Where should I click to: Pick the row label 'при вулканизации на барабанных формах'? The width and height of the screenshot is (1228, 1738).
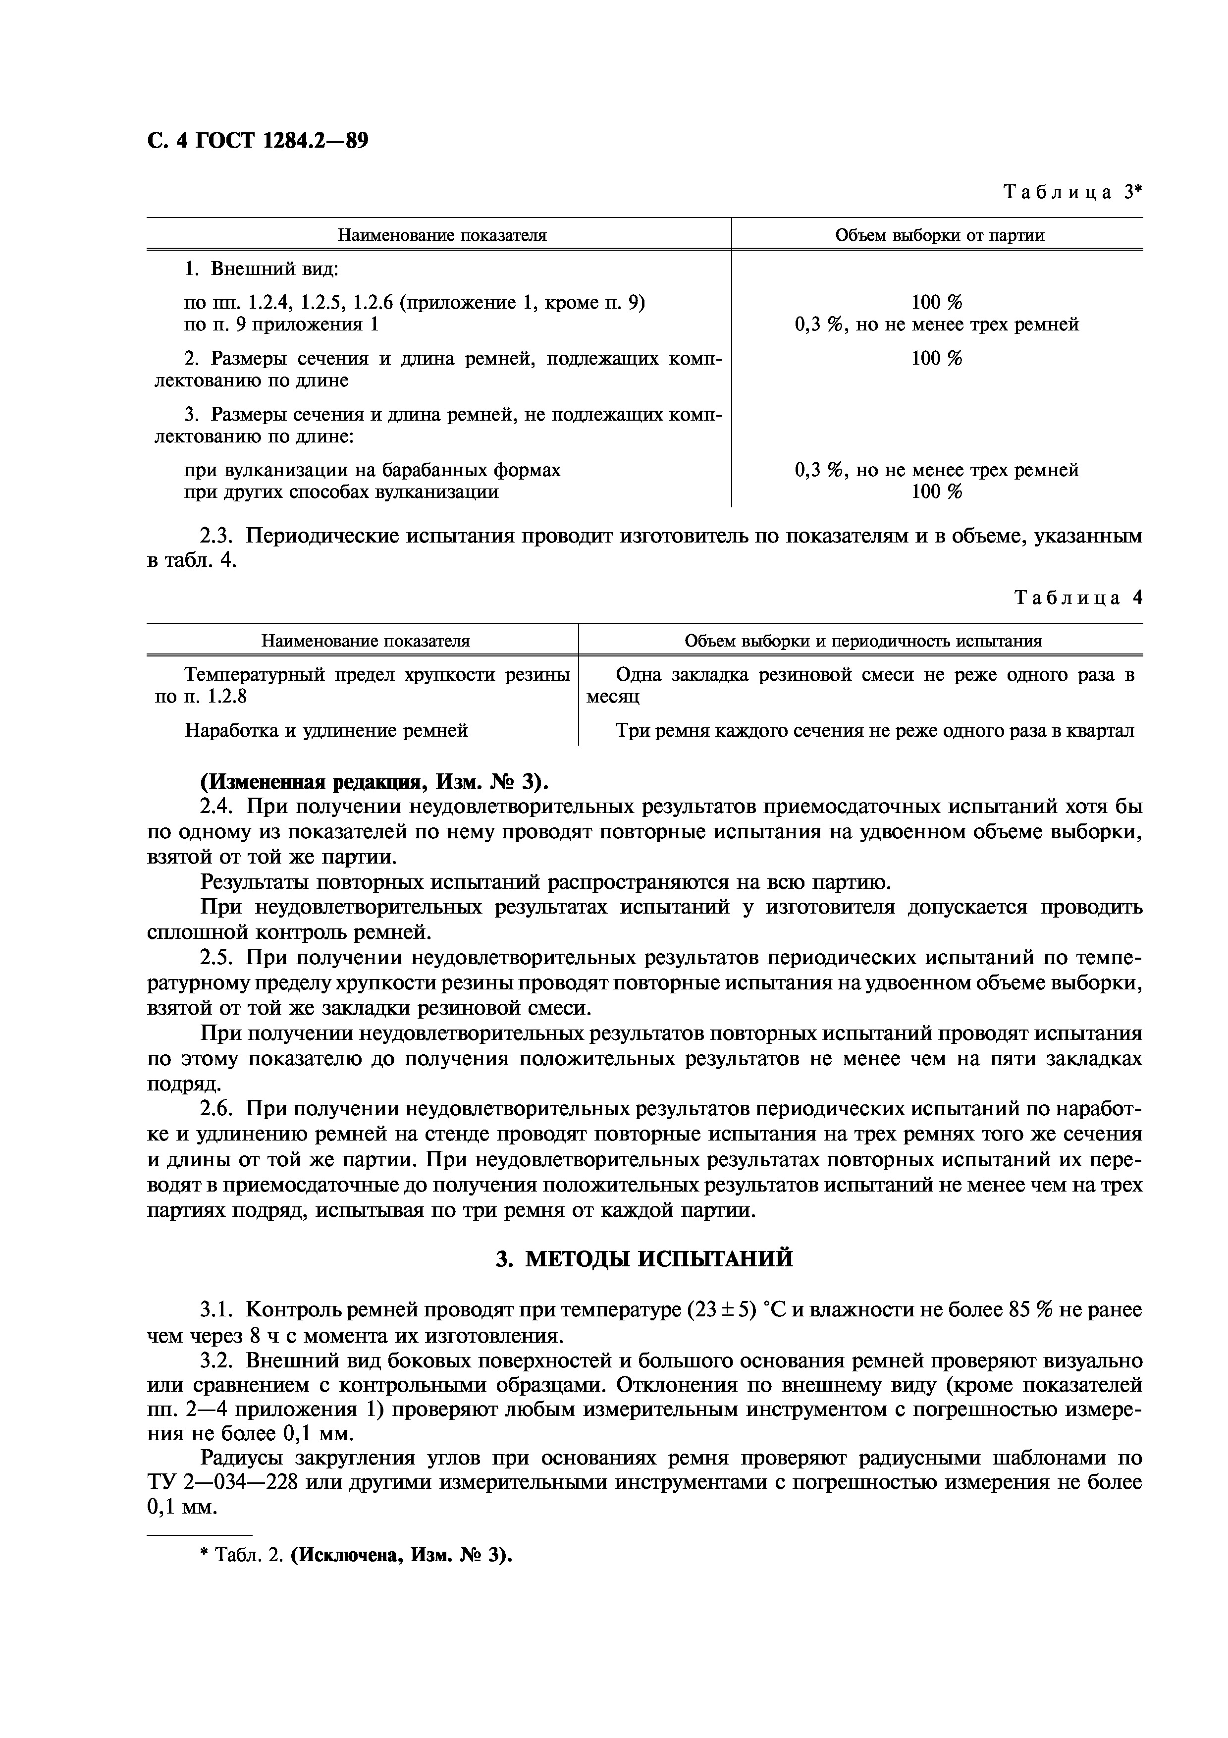click(x=372, y=470)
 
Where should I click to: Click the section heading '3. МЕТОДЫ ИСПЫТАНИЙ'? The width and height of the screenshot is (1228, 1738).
click(x=644, y=1259)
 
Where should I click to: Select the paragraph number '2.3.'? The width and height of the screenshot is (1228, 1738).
click(x=219, y=537)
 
